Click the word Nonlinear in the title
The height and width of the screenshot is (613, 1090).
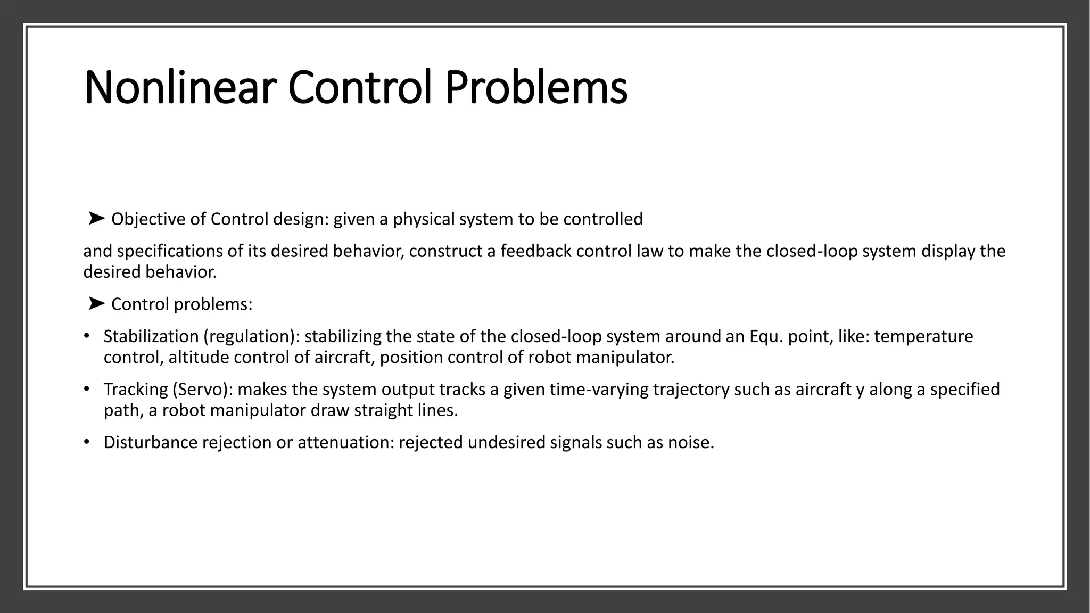tap(180, 87)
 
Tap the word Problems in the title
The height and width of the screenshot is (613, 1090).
tap(536, 87)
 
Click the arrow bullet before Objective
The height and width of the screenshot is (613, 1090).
tap(96, 218)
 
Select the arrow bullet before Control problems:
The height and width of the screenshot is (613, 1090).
tap(96, 303)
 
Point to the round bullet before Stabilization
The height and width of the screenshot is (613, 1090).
tap(86, 336)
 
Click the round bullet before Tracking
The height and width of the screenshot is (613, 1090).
tap(86, 389)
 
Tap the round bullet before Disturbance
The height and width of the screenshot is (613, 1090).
tap(86, 442)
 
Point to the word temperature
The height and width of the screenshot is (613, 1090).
tap(923, 336)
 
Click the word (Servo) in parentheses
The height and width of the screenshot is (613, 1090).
tap(202, 390)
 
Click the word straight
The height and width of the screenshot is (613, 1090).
tap(383, 410)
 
